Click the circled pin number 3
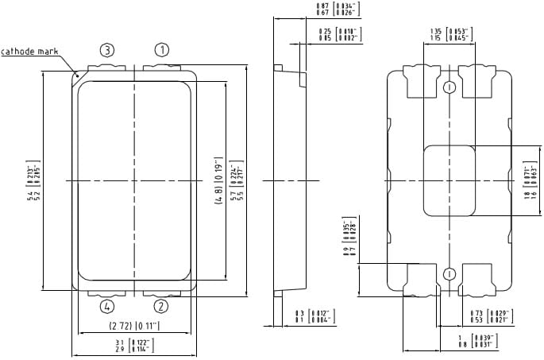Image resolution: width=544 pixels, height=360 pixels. coord(107,50)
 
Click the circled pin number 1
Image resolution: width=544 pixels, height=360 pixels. coord(161,50)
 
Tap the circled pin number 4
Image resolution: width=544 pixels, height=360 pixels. coord(107,306)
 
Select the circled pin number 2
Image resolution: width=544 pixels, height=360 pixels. coord(161,306)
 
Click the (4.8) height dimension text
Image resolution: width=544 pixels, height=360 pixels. coord(218,182)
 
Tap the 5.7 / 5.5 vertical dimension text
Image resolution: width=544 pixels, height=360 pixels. coord(236,182)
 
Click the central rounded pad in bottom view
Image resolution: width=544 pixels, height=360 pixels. coord(449,181)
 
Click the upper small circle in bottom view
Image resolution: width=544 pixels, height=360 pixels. coord(449,86)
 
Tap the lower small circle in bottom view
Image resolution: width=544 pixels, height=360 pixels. coord(449,274)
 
